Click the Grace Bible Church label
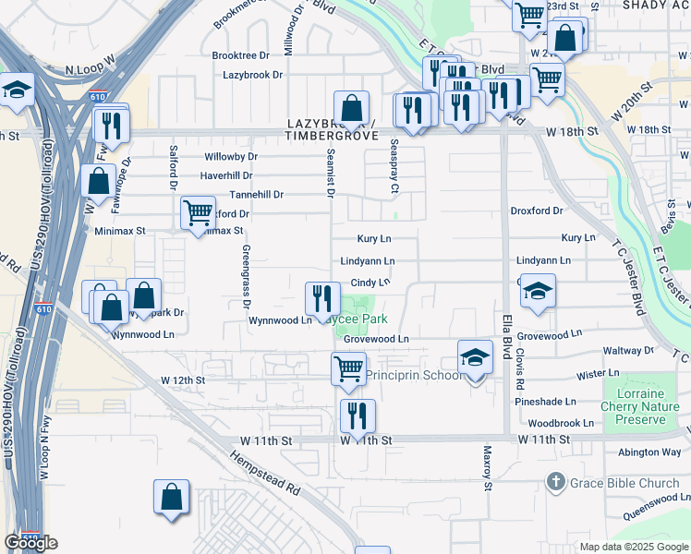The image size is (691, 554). [625, 482]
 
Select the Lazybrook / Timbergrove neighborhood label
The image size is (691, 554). [333, 129]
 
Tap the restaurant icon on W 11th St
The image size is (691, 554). [358, 416]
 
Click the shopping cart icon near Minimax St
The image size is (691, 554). [198, 215]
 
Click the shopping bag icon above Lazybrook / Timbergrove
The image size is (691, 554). [351, 108]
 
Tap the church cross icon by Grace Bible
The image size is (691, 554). [555, 481]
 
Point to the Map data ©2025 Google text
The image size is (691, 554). [633, 547]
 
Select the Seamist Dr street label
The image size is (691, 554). [328, 174]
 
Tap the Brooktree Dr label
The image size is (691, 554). [240, 55]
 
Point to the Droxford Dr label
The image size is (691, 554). [537, 211]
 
